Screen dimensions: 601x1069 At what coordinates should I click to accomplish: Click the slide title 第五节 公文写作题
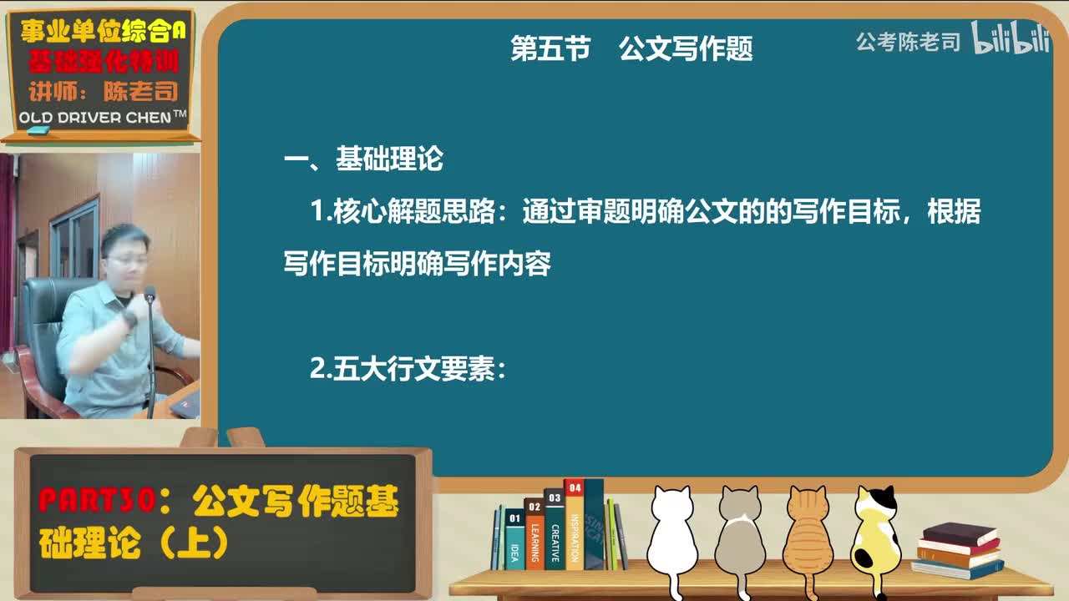tap(631, 48)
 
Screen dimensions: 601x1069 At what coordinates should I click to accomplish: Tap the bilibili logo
tap(1011, 38)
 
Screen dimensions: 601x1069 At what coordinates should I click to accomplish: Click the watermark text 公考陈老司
tap(908, 42)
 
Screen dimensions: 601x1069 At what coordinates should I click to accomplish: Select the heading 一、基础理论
tap(363, 159)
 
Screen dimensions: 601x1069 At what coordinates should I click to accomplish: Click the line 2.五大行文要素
tap(408, 369)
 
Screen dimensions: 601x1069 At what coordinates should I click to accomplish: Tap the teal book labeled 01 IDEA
tap(514, 541)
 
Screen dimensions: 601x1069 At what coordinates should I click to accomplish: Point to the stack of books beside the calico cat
tap(957, 550)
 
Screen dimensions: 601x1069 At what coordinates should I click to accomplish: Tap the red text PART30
tap(97, 502)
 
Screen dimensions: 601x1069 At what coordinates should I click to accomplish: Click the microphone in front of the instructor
tap(149, 295)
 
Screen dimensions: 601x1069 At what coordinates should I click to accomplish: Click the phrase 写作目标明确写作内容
tap(418, 265)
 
